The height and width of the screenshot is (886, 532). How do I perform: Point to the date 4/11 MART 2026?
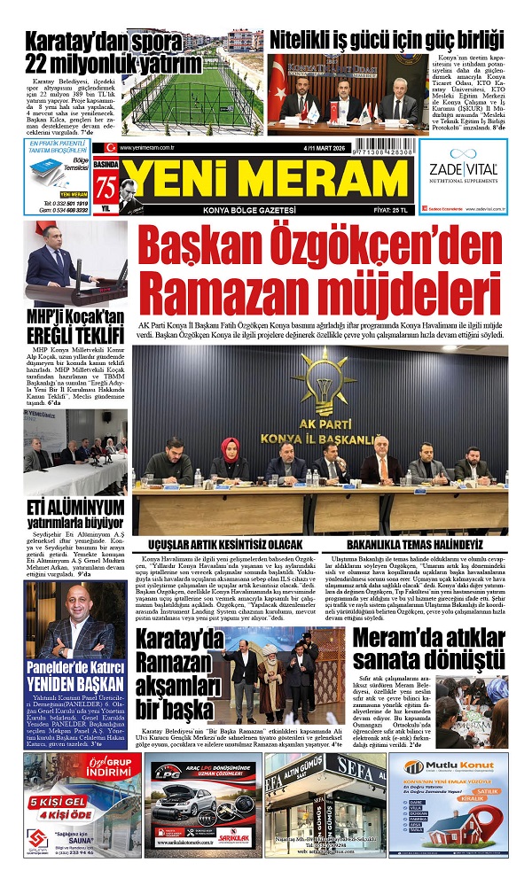[264, 147]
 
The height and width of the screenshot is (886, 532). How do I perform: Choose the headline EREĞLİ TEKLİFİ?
[74, 337]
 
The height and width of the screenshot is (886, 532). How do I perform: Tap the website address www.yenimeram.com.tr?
[145, 148]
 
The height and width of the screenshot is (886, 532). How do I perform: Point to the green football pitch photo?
[190, 92]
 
